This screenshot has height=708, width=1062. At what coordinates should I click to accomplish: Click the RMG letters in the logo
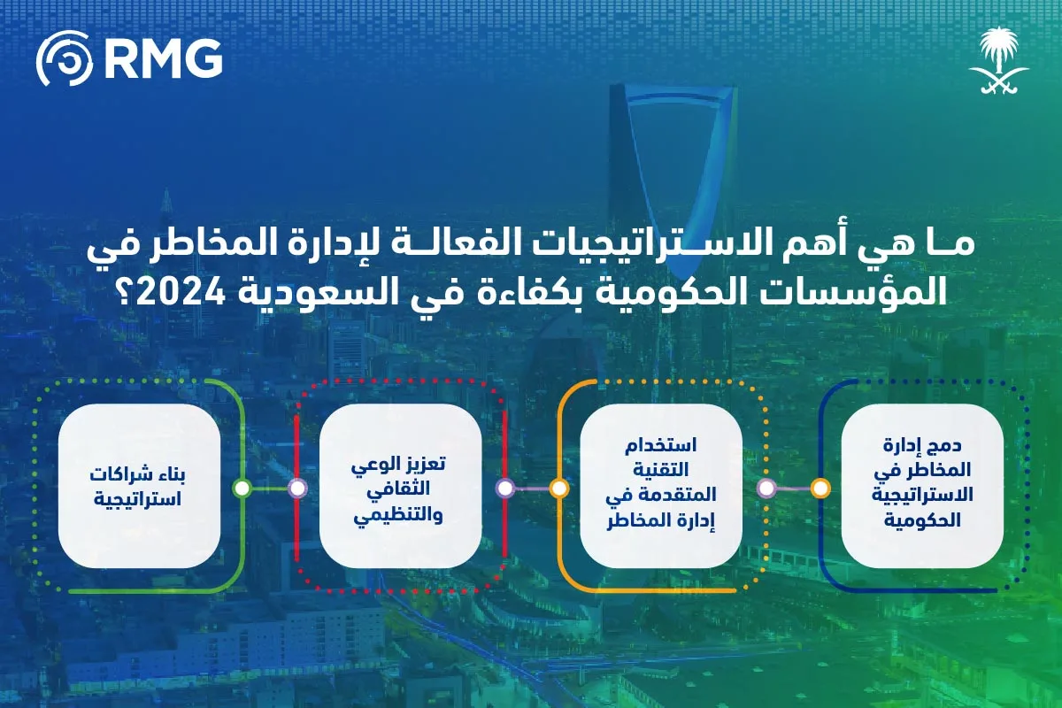click(163, 58)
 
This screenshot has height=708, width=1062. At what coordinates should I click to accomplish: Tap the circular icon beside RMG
click(65, 58)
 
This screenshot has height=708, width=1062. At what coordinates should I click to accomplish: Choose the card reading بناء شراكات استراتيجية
click(139, 486)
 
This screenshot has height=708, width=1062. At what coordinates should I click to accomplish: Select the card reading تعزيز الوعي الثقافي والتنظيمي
click(400, 486)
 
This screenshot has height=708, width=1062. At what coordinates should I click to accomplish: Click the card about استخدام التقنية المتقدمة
click(660, 486)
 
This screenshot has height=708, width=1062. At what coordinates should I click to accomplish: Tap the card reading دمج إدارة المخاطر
click(921, 486)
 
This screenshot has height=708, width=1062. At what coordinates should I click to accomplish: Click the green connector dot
click(242, 488)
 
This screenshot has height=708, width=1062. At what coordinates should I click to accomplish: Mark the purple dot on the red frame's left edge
click(297, 488)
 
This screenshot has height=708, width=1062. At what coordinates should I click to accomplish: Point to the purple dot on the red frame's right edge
click(505, 488)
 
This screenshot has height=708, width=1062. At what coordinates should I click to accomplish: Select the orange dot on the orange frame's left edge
click(558, 488)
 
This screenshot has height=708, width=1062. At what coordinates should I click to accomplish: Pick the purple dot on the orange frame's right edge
click(766, 488)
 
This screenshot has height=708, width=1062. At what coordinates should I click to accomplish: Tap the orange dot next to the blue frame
click(820, 488)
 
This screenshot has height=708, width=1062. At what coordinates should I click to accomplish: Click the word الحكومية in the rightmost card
click(921, 522)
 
